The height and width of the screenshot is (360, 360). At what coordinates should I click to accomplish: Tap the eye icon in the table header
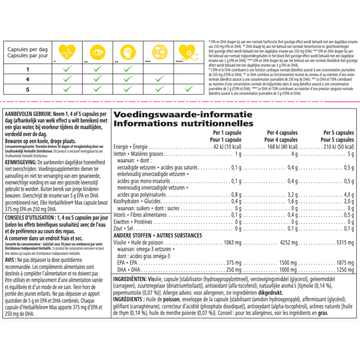pos(97,53)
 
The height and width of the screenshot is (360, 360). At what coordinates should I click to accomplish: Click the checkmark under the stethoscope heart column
pos(189,89)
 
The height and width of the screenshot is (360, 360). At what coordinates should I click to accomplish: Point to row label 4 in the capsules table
pos(27,79)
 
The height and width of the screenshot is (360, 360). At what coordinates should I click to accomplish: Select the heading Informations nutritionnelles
pos(184,123)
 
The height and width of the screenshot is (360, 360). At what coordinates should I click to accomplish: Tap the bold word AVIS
pos(12,260)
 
